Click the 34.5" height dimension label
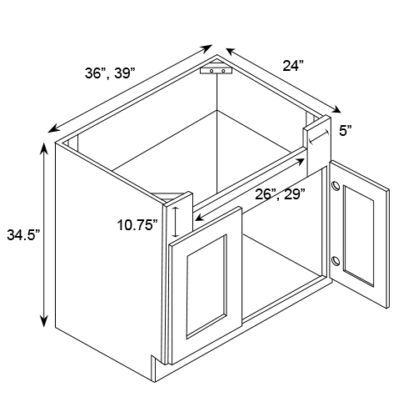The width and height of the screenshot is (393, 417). pyautogui.click(x=23, y=235)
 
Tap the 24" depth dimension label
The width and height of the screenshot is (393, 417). pyautogui.click(x=293, y=66)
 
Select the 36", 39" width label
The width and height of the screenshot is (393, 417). pyautogui.click(x=110, y=73)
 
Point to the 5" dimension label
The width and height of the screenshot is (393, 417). pyautogui.click(x=346, y=130)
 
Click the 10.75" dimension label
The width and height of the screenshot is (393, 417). pyautogui.click(x=137, y=225)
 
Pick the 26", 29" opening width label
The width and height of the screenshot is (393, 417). pyautogui.click(x=280, y=194)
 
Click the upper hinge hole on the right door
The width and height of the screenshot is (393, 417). pyautogui.click(x=336, y=186)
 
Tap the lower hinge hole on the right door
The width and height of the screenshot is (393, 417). pyautogui.click(x=336, y=261)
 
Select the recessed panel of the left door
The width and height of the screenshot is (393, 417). pyautogui.click(x=206, y=287)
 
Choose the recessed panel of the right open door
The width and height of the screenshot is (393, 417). pyautogui.click(x=358, y=236)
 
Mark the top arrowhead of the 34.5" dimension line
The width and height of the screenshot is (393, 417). pyautogui.click(x=44, y=148)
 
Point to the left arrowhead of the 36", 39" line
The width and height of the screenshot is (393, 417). pyautogui.click(x=53, y=128)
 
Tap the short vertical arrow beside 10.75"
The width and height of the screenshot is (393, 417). pyautogui.click(x=176, y=222)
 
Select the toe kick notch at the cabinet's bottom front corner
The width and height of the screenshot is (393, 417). pyautogui.click(x=153, y=368)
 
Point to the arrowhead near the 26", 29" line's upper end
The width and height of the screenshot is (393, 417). pyautogui.click(x=300, y=162)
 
